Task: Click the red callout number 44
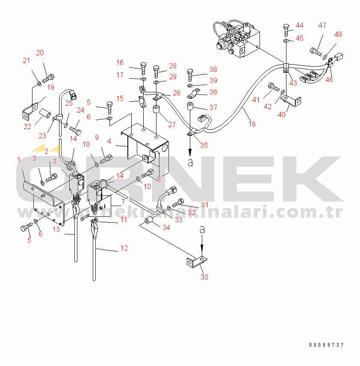coord(299,25)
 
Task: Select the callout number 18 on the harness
coord(252,124)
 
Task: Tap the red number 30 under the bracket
coord(204,277)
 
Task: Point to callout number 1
coord(18,159)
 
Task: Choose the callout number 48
coord(338,34)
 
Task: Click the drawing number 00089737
coord(327,345)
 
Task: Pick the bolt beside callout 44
coord(286,30)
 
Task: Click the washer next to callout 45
coord(286,41)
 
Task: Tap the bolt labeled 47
coord(316,52)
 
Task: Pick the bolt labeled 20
coord(49,78)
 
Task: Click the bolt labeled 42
coord(273,88)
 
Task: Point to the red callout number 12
coord(124,248)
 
